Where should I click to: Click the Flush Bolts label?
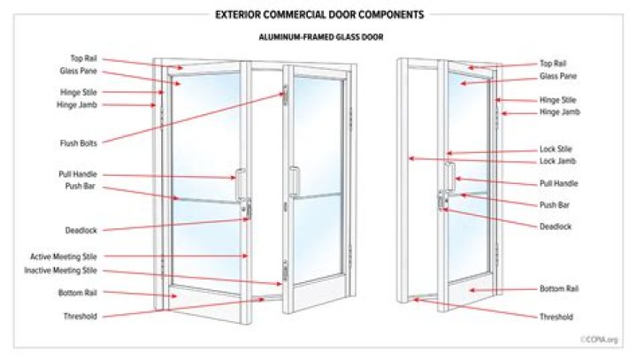[79, 143]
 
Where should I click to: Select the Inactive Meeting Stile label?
[60, 271]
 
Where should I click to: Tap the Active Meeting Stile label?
[64, 257]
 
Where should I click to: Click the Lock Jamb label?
[557, 161]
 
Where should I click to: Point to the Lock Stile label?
[556, 149]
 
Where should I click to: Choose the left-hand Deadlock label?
[81, 230]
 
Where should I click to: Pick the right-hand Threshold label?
[556, 317]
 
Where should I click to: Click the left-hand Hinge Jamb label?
[77, 105]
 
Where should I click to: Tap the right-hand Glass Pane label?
[558, 76]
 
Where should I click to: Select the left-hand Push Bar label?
[80, 186]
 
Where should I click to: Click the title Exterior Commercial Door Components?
[319, 15]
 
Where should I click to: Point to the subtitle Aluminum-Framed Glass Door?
[321, 37]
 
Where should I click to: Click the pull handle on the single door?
[449, 175]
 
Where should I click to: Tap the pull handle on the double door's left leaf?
[241, 184]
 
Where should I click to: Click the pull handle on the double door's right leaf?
[294, 181]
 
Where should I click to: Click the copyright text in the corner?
[599, 340]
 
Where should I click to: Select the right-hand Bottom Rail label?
[559, 289]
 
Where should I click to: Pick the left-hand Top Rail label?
[84, 58]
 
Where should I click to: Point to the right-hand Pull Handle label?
[558, 184]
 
